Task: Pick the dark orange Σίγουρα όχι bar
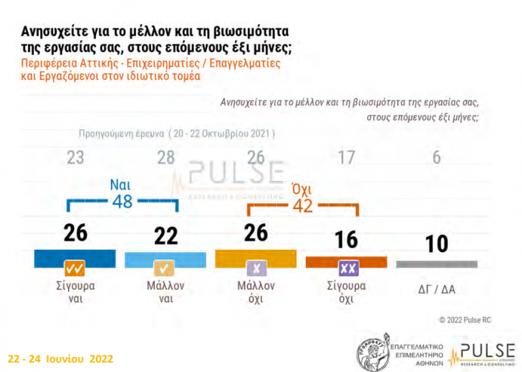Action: [x=346, y=260]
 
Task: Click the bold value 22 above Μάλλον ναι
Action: [x=165, y=236]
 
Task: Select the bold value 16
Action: [x=346, y=240]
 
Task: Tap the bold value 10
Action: [x=436, y=243]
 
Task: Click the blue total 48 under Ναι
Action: [x=122, y=202]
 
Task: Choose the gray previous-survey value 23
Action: [x=75, y=158]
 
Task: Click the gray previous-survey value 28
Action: [x=166, y=158]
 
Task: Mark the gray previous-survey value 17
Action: [x=346, y=158]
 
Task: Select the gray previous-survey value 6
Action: [x=436, y=158]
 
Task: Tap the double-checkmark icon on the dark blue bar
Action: [x=75, y=267]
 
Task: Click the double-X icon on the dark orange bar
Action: [x=346, y=267]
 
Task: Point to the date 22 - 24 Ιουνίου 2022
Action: [x=60, y=358]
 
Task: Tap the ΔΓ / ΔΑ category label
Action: [x=436, y=289]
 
